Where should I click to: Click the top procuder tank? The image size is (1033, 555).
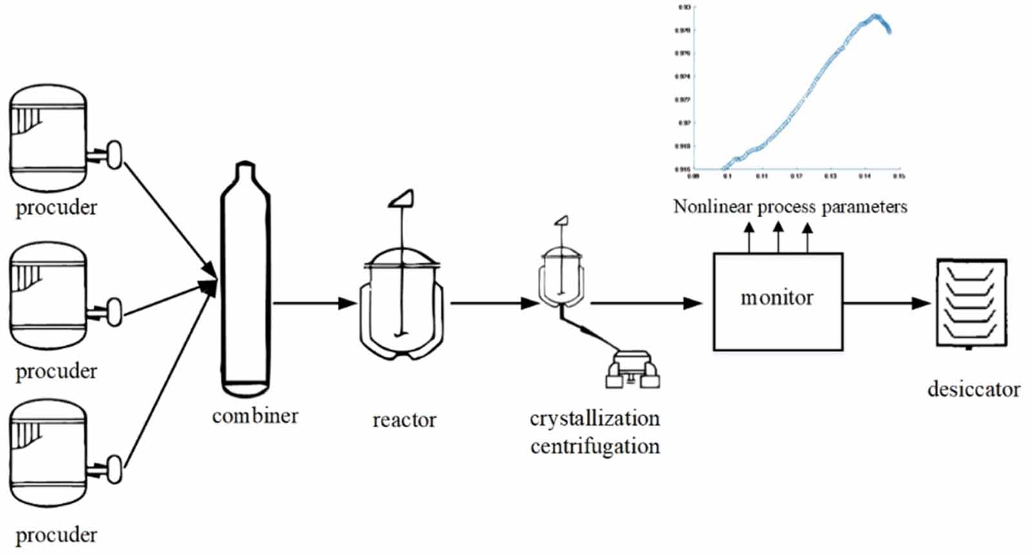click(48, 138)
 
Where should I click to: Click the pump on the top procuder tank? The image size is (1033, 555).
click(114, 155)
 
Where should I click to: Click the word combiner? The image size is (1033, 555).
click(255, 416)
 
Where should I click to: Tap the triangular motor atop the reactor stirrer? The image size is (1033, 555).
click(402, 198)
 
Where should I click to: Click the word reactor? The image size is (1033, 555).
click(404, 420)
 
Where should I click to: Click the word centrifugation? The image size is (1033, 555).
click(595, 446)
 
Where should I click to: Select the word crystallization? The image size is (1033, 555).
click(595, 418)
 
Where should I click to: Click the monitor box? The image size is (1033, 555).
click(777, 301)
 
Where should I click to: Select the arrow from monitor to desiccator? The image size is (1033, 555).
click(887, 302)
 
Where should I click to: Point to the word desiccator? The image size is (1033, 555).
click(974, 389)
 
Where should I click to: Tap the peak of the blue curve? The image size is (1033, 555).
click(875, 15)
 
